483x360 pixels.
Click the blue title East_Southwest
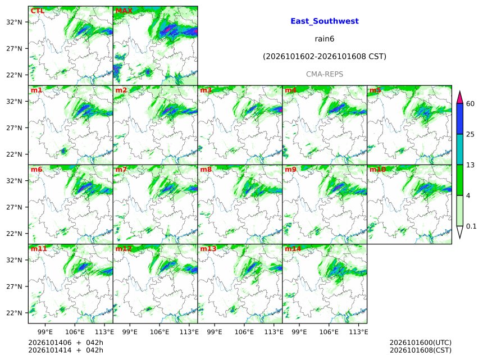click(325, 21)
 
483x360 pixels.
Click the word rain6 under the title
click(325, 39)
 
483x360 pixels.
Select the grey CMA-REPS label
click(325, 74)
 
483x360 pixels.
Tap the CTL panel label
click(37, 11)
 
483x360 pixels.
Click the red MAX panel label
click(124, 11)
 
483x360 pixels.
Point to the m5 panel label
click(375, 90)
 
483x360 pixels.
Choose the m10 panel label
click(377, 170)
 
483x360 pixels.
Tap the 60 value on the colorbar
click(470, 104)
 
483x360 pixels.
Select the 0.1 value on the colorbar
click(471, 226)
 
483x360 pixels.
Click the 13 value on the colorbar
click(470, 165)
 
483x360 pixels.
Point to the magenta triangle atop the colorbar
click(459, 97)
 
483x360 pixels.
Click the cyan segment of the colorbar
click(459, 149)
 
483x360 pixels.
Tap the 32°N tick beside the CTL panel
click(14, 22)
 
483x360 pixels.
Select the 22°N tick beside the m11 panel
click(14, 313)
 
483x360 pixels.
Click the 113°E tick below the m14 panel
click(358, 332)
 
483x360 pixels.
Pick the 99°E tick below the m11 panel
click(45, 332)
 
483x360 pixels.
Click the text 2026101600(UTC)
click(421, 343)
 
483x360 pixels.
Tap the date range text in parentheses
click(325, 57)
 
